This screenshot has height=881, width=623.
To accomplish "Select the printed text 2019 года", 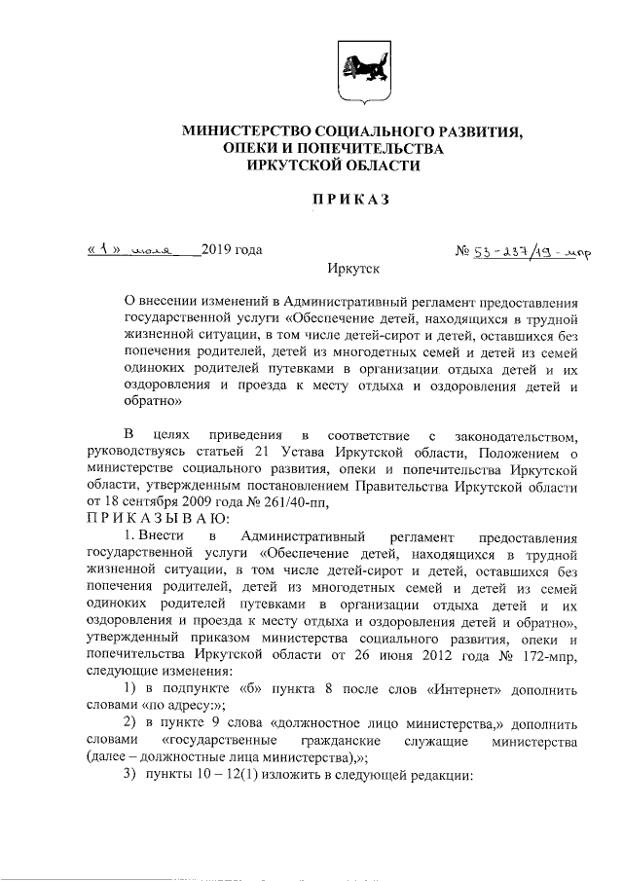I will pos(232,250).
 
